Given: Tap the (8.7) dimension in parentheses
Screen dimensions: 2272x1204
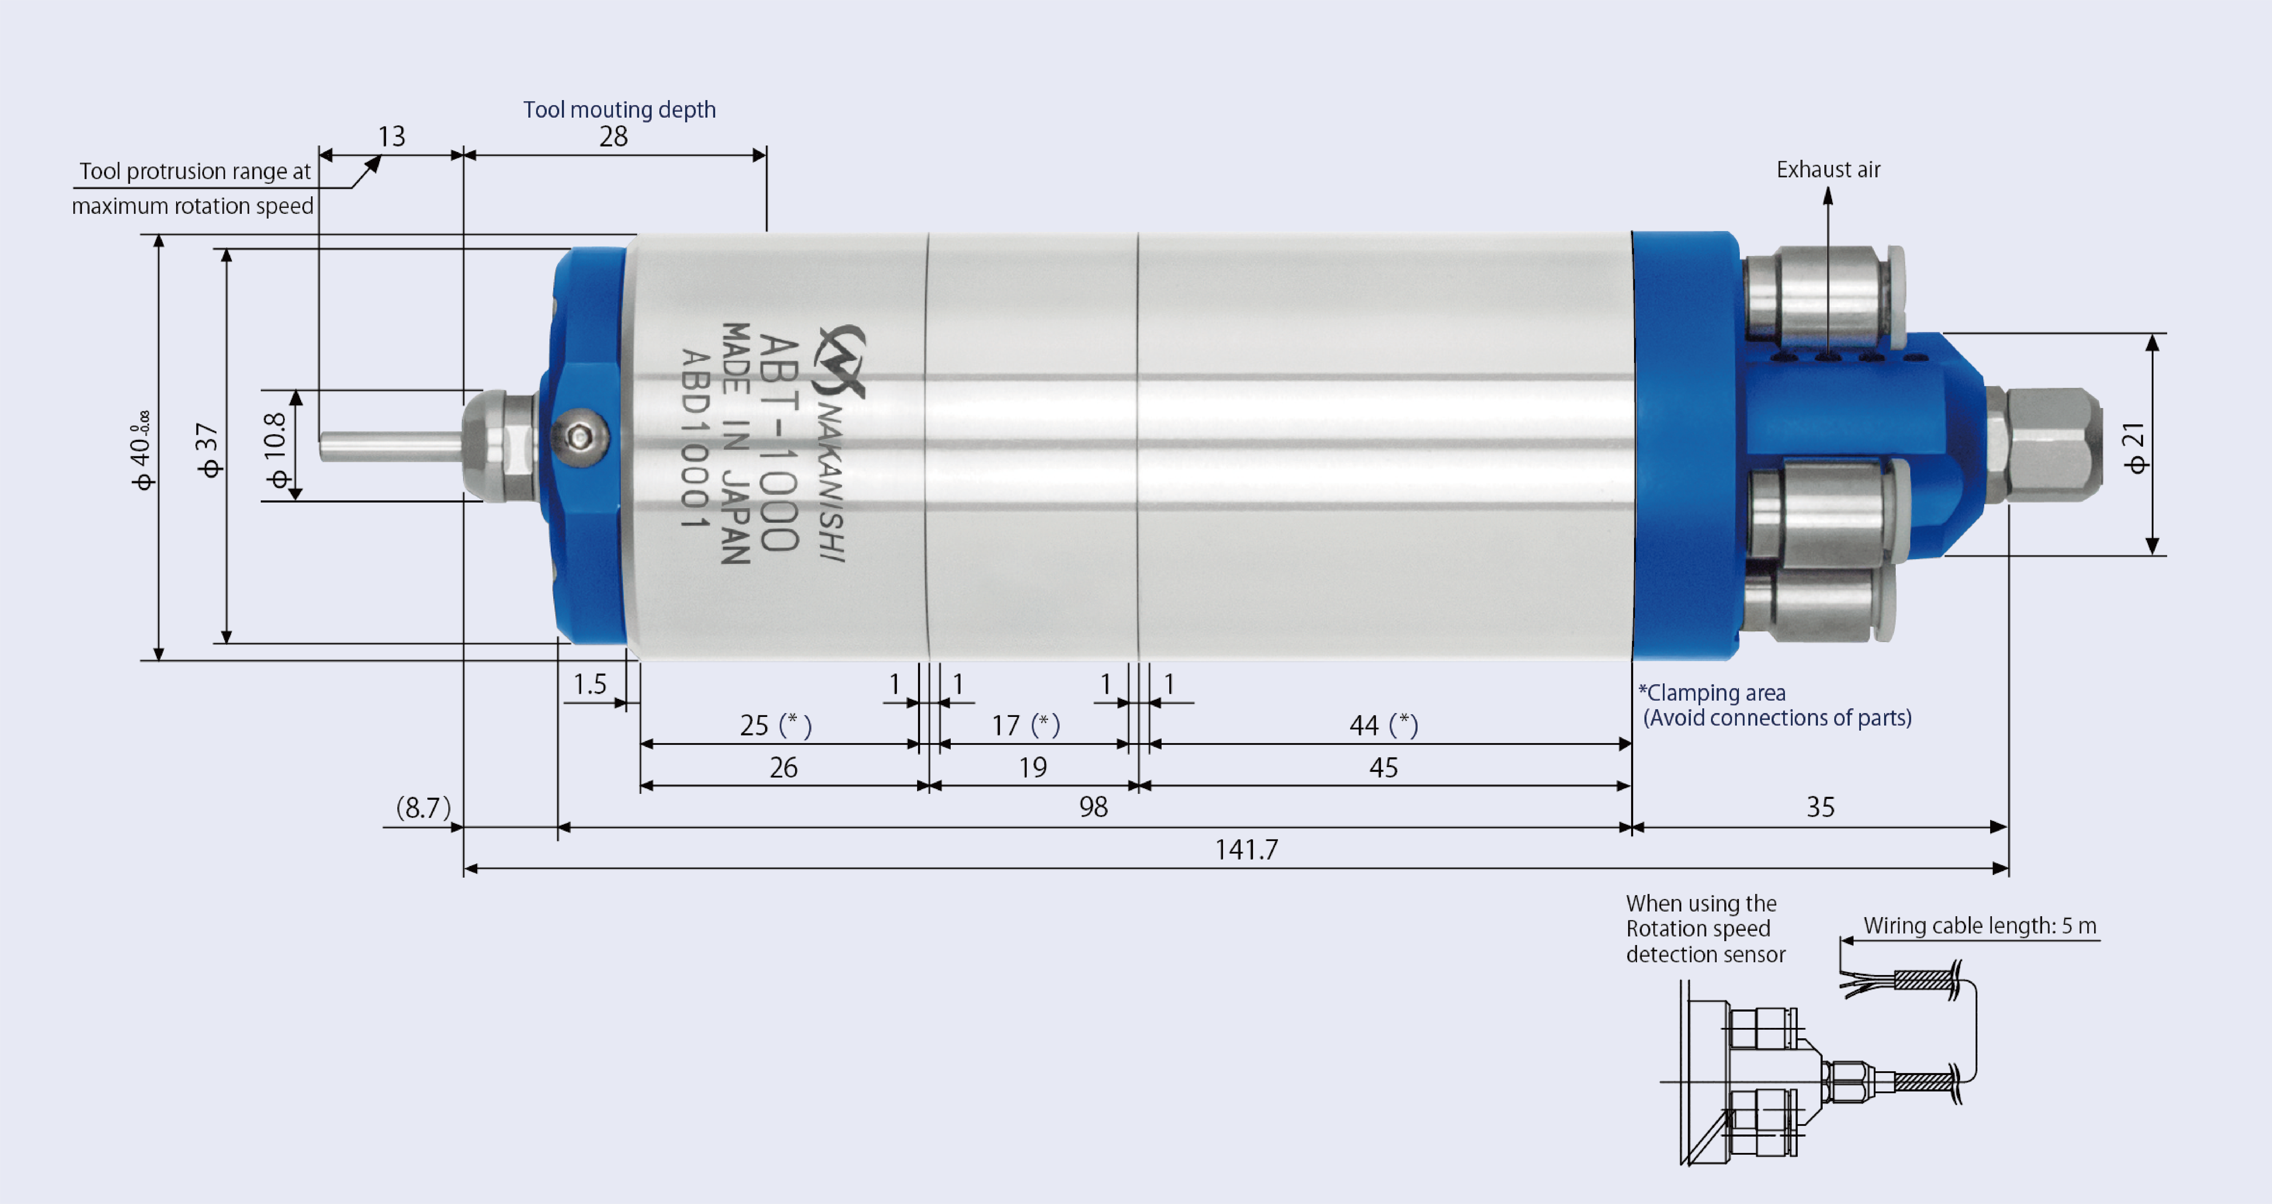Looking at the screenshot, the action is [x=423, y=807].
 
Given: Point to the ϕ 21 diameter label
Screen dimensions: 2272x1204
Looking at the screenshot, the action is [x=2134, y=448].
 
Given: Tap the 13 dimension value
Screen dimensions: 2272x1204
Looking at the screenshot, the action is [x=392, y=137].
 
